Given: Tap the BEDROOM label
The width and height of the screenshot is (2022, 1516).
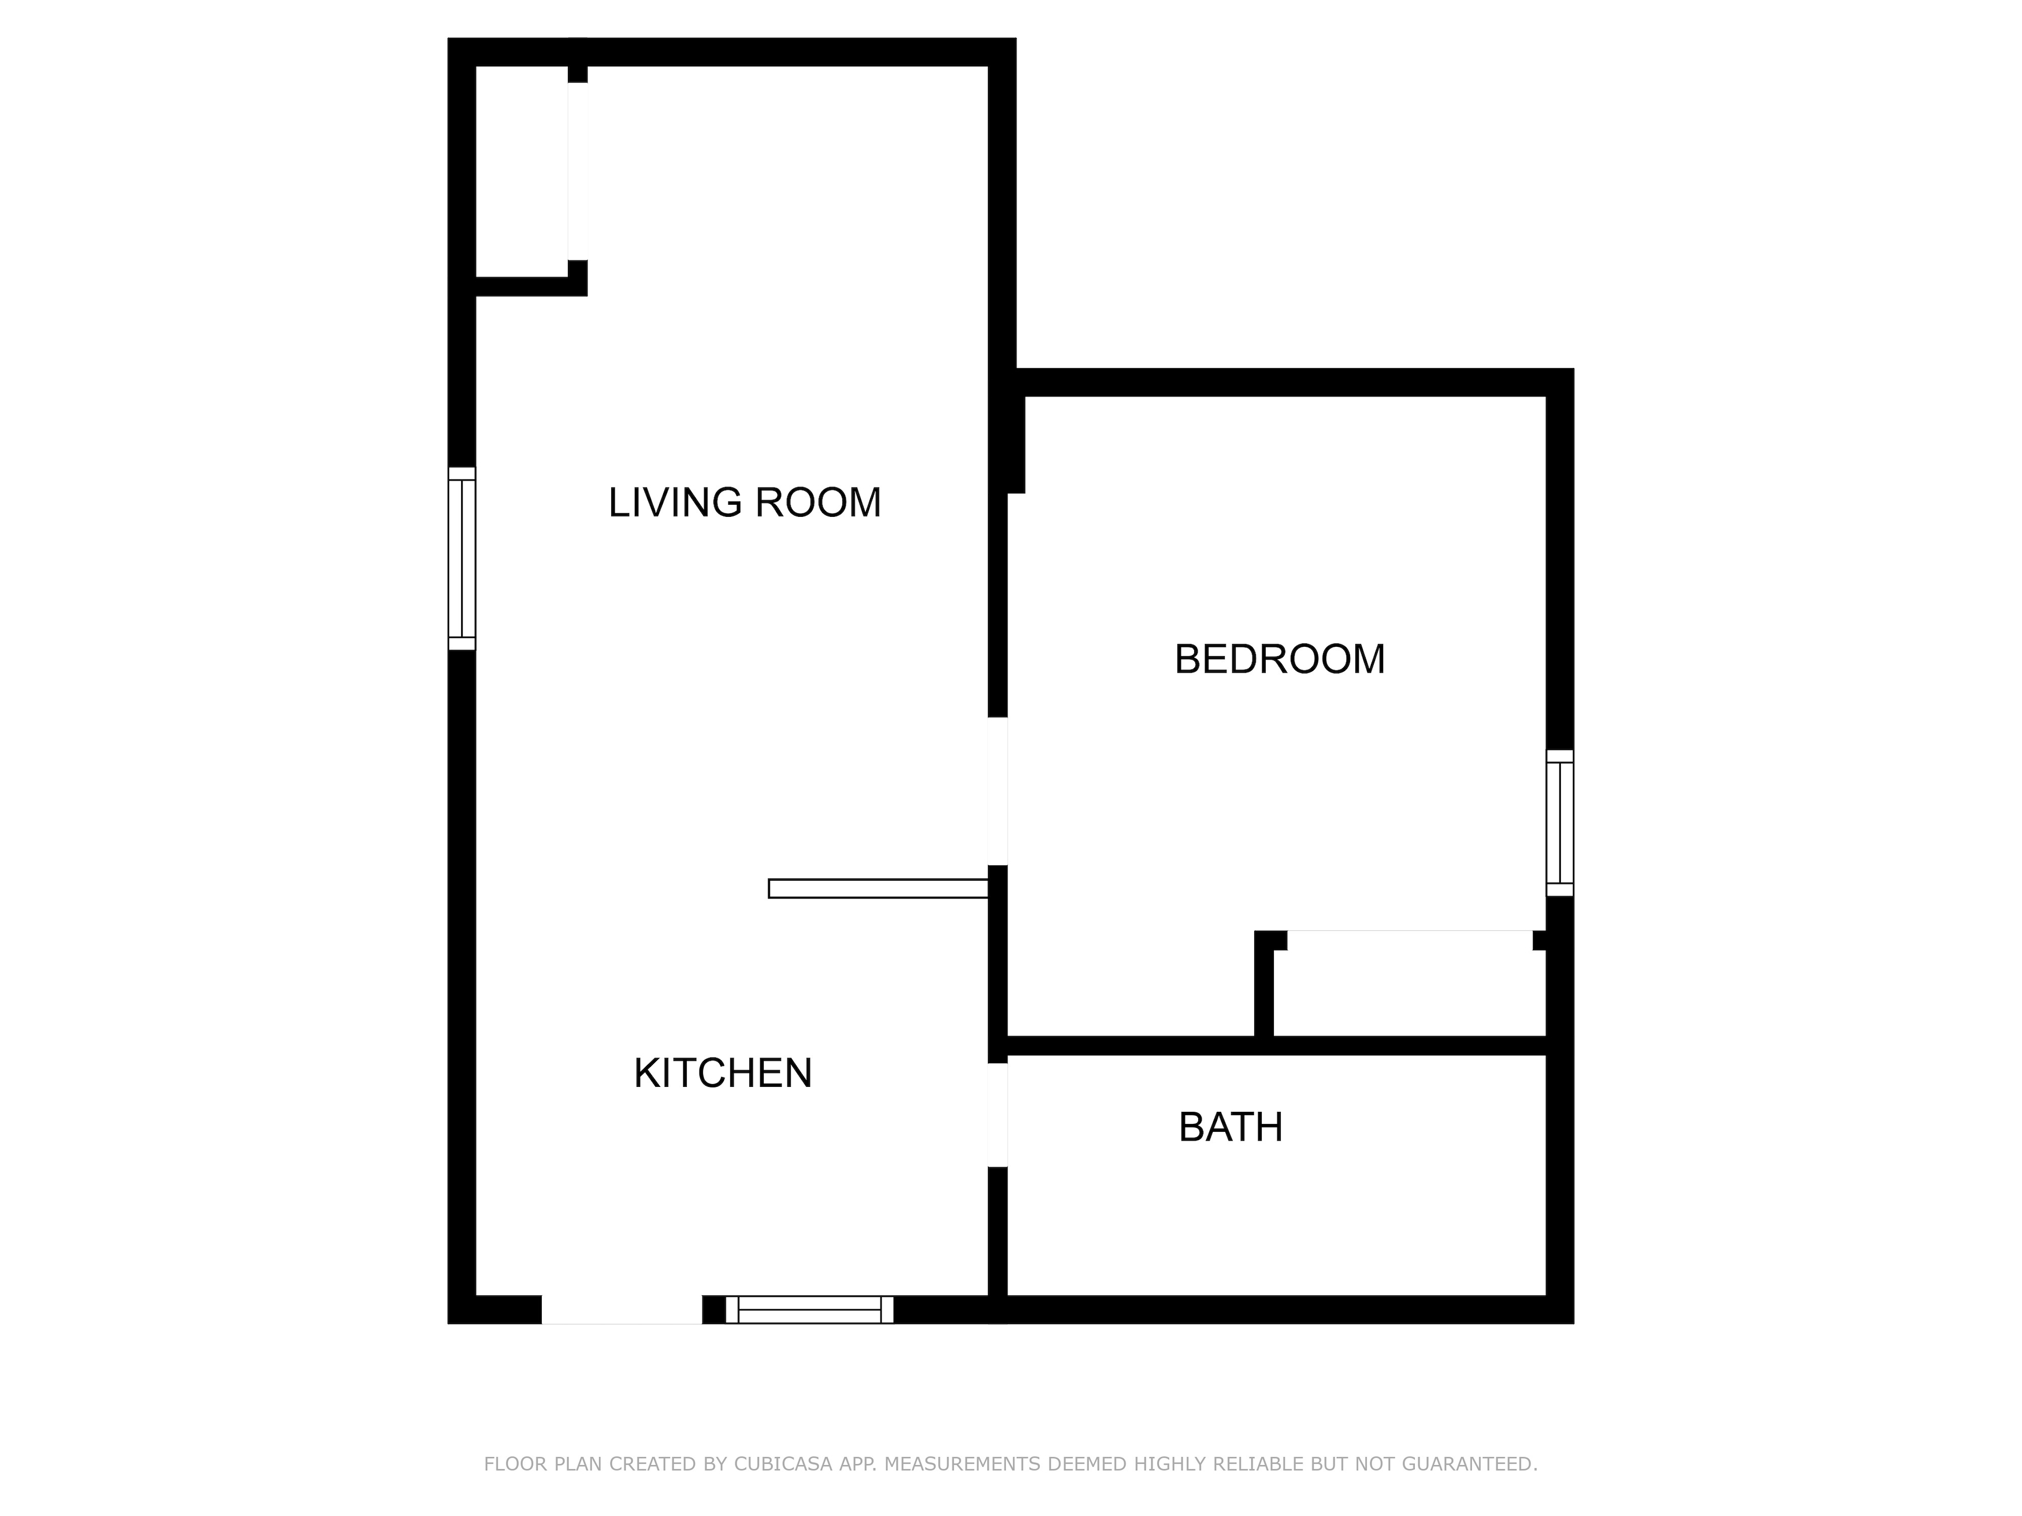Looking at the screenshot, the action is click(x=1279, y=659).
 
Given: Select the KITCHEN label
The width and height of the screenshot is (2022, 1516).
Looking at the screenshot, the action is click(x=723, y=1073).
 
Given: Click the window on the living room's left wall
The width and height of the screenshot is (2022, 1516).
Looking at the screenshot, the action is click(x=462, y=558).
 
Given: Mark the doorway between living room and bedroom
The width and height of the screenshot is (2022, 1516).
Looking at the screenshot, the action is click(x=997, y=791).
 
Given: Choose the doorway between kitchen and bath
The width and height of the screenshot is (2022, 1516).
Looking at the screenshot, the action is click(x=997, y=1115).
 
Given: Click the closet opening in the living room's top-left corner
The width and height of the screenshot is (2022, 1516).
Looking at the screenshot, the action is click(x=578, y=172).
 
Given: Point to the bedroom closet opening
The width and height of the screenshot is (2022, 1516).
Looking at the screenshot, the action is click(x=1410, y=940).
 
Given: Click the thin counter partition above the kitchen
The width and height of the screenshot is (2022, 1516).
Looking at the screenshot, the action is click(x=879, y=888).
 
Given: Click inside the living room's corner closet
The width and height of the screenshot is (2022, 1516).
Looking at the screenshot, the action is click(x=522, y=172).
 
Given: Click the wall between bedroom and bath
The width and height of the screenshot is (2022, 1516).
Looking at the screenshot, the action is click(x=1276, y=1045).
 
